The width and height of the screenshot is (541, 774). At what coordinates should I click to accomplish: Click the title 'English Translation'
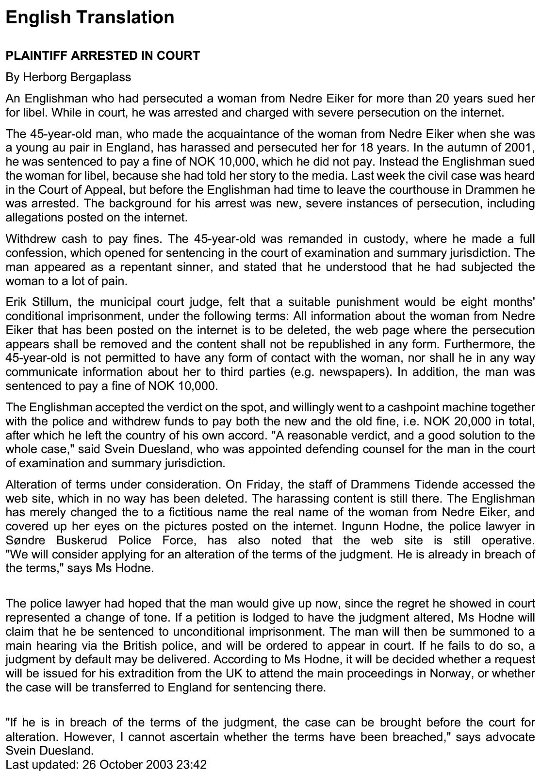(90, 17)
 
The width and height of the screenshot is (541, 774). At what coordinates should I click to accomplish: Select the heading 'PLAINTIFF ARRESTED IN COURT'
(102, 56)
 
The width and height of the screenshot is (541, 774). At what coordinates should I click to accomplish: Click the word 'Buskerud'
(80, 540)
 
